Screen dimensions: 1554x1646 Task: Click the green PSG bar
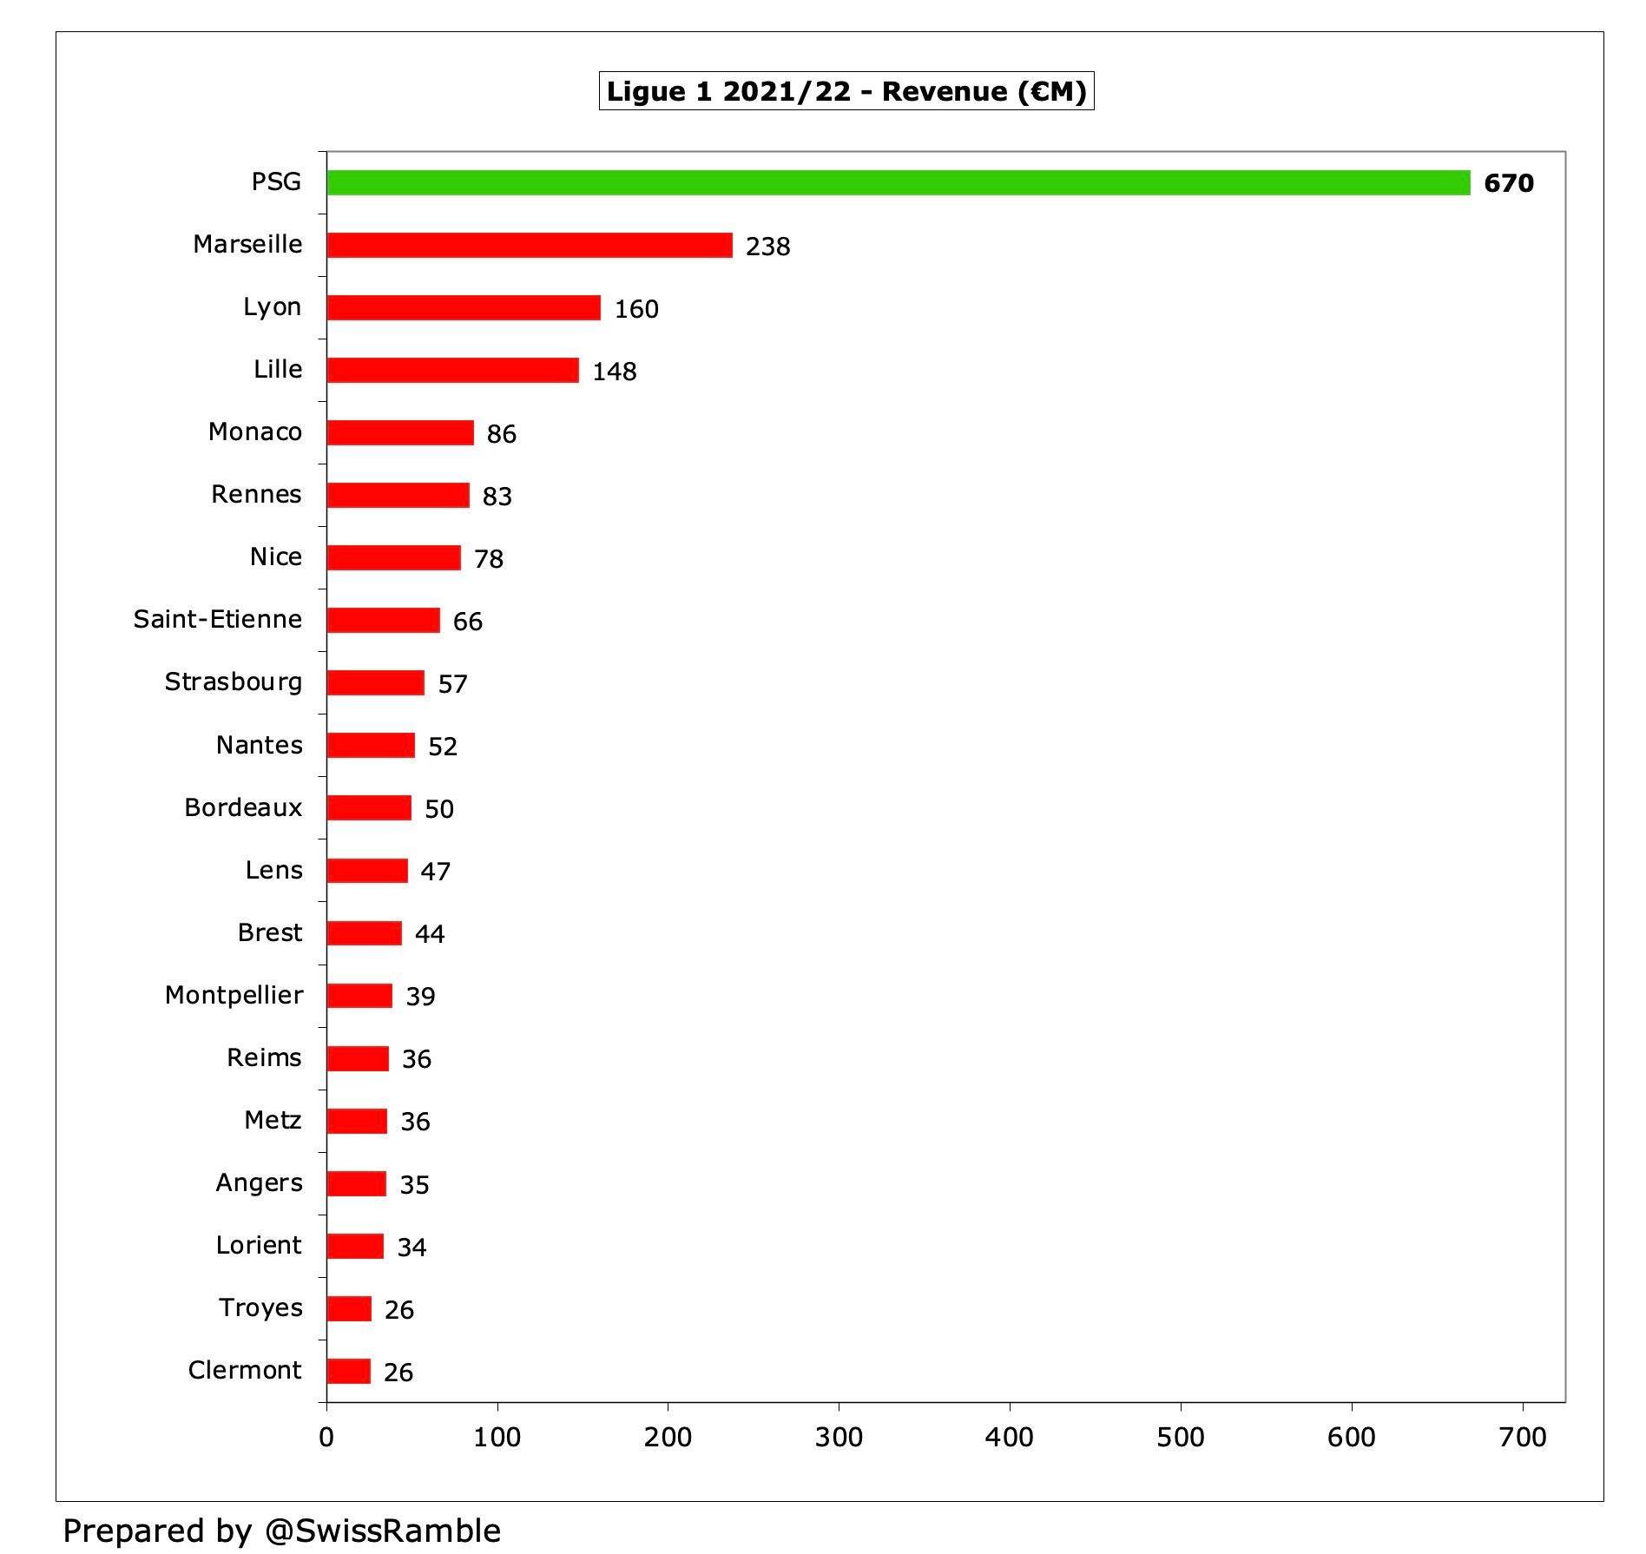pos(899,182)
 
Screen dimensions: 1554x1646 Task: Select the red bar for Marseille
pos(530,246)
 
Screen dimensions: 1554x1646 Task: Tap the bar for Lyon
pos(464,308)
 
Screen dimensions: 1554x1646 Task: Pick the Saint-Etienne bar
pos(383,621)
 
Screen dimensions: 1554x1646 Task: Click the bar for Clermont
pos(349,1371)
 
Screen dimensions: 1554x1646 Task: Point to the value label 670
pos(1509,183)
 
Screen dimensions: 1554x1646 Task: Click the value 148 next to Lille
pos(615,372)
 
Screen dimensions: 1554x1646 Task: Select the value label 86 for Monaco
pos(502,434)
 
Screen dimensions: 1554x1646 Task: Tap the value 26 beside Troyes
pos(399,1309)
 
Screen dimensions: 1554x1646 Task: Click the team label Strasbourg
pos(234,682)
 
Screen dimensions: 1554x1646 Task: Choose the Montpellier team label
pos(234,995)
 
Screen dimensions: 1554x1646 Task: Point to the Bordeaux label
pos(243,807)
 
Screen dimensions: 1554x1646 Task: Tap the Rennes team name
pos(256,495)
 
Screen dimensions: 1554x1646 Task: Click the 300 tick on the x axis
pos(839,1438)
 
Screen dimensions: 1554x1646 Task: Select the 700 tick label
pos(1523,1438)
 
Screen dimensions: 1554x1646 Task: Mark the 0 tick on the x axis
pos(326,1438)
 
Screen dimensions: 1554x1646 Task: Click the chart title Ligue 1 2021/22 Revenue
pos(846,91)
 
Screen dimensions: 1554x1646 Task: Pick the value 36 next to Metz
pos(415,1122)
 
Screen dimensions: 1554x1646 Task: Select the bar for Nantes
pos(371,746)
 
